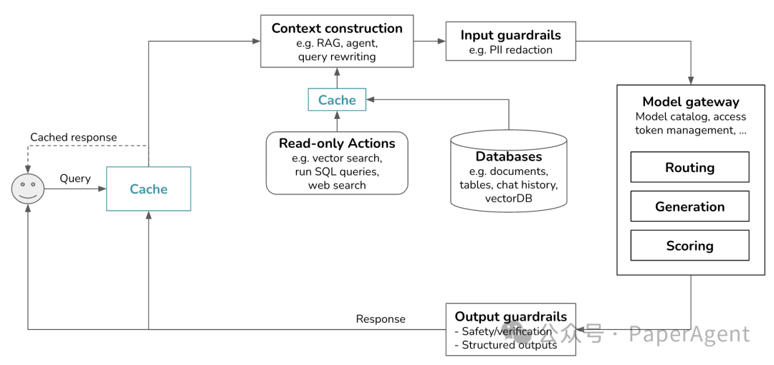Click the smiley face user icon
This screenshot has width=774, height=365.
point(28,189)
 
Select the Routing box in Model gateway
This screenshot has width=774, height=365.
point(689,167)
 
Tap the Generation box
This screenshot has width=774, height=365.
point(689,206)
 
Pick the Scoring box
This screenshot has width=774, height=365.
point(689,245)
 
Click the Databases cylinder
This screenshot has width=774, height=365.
point(508,171)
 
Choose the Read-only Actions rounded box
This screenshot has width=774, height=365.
point(337,163)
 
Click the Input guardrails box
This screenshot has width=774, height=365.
point(511,41)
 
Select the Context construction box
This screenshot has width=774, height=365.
point(337,41)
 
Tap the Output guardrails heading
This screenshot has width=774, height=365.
point(511,317)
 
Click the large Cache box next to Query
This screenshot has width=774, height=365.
point(148,189)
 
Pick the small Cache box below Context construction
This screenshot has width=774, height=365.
point(337,100)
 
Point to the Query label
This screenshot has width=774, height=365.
point(75,179)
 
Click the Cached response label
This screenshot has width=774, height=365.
point(74,137)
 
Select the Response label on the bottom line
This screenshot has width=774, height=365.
point(381,319)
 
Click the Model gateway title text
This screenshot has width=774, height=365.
point(691,102)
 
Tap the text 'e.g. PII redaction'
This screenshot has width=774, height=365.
point(511,50)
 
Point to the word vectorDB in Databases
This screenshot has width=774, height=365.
point(508,198)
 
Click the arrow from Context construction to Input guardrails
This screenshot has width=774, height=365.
point(429,41)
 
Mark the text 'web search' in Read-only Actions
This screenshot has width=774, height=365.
point(337,185)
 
